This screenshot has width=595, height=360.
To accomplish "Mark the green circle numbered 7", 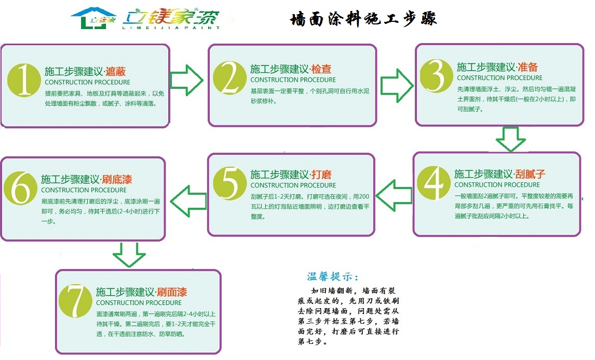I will pyautogui.click(x=75, y=301).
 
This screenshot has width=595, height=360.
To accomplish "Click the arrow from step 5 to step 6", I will pyautogui.click(x=188, y=198).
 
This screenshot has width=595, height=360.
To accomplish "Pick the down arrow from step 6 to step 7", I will pyautogui.click(x=129, y=255).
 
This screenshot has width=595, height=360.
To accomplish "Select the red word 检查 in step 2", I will pyautogui.click(x=321, y=69).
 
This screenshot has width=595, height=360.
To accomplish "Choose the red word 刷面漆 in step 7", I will pyautogui.click(x=172, y=292).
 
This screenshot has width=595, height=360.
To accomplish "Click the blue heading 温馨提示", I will pyautogui.click(x=332, y=276).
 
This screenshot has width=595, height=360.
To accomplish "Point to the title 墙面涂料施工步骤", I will pyautogui.click(x=363, y=19).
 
